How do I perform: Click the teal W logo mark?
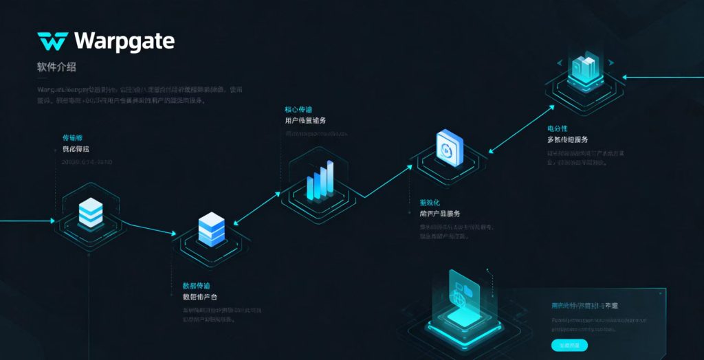(52, 42)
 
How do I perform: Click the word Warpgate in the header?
(124, 41)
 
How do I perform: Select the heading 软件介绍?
(56, 67)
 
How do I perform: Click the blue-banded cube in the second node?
(211, 229)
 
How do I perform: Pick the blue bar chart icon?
(320, 181)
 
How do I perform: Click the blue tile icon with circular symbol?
(450, 148)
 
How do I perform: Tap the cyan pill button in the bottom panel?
(569, 345)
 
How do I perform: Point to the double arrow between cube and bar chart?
(258, 208)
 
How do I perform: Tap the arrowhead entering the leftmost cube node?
(51, 221)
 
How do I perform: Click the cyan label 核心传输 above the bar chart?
(298, 110)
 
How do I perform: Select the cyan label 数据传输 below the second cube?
(196, 285)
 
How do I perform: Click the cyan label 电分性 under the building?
(558, 128)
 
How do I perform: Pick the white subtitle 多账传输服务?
(567, 139)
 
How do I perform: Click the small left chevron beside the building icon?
(559, 63)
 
